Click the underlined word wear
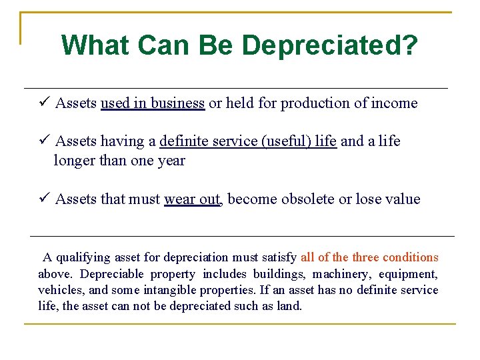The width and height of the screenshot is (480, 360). tap(180, 199)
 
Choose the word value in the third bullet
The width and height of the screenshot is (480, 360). tap(402, 199)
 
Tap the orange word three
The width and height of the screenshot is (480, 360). tap(365, 257)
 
